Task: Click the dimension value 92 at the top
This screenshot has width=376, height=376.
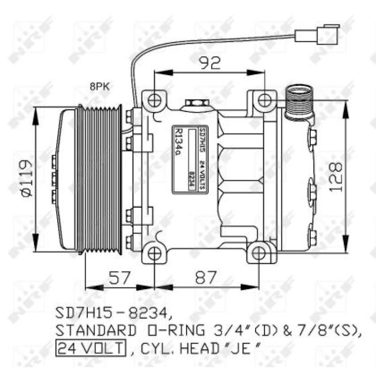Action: (209, 63)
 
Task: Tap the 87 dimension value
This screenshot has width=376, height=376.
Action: (205, 278)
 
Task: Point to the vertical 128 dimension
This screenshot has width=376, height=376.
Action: (335, 177)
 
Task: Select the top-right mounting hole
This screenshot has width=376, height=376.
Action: (265, 100)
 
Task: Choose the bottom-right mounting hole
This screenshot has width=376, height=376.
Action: (260, 254)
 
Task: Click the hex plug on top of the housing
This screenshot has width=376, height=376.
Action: (195, 103)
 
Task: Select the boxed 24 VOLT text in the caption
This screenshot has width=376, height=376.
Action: (91, 348)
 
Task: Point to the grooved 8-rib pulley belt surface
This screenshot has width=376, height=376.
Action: (102, 179)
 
